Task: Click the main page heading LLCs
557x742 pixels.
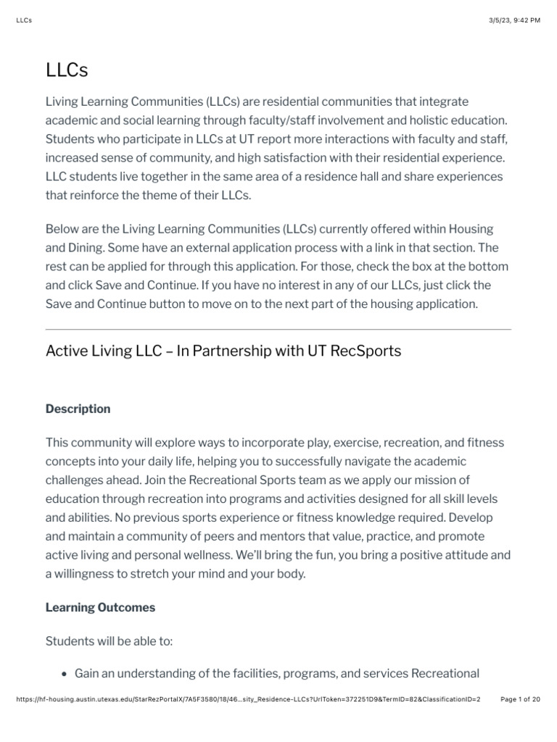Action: (67, 71)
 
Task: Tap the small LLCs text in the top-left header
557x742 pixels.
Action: (23, 20)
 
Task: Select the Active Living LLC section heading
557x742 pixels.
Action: (223, 351)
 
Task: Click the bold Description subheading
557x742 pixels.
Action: (78, 409)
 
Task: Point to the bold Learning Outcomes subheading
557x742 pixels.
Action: (100, 607)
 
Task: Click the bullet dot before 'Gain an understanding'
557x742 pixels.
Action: (65, 674)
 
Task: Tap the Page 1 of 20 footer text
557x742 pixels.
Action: (521, 699)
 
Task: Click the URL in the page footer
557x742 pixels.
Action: (247, 699)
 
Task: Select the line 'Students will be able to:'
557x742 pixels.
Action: (110, 641)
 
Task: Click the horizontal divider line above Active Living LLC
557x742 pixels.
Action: (278, 329)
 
